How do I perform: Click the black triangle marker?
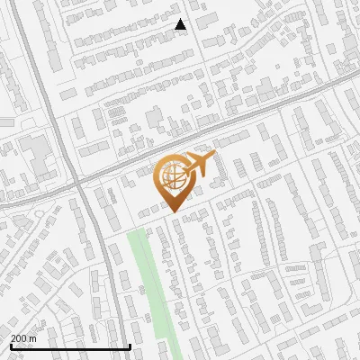point(181,24)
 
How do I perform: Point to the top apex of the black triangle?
point(181,19)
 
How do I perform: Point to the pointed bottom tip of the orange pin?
point(171,212)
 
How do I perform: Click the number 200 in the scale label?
point(19,338)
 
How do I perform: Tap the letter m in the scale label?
point(32,338)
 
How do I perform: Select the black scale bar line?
point(70,346)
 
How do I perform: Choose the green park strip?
point(148,288)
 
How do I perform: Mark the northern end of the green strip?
point(137,232)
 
